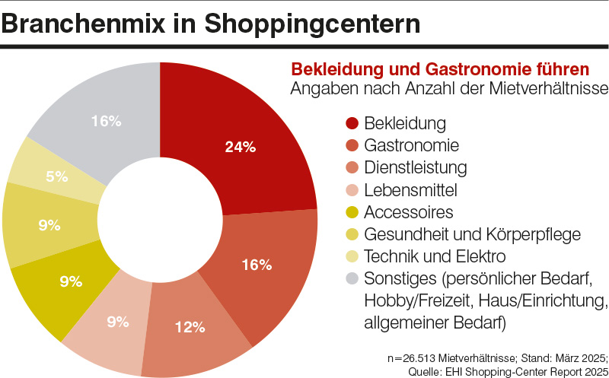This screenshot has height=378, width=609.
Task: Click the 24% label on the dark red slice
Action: (240, 148)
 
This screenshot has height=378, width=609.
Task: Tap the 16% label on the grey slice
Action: (106, 120)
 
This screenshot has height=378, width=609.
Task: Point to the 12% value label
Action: (189, 327)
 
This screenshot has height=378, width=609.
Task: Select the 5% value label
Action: (57, 176)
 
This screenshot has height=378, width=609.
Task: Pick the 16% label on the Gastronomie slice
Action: (257, 265)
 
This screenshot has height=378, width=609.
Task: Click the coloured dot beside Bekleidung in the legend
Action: (352, 123)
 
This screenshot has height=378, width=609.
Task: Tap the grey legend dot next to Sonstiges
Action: (352, 278)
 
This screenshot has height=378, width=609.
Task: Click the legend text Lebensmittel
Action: (411, 189)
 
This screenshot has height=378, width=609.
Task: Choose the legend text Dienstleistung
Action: (416, 167)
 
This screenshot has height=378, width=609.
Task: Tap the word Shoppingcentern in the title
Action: (311, 24)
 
